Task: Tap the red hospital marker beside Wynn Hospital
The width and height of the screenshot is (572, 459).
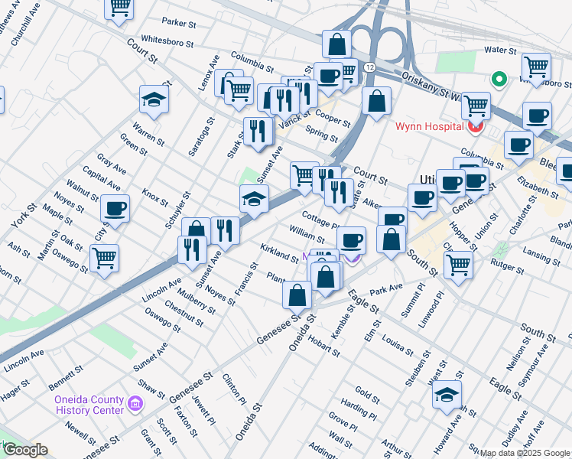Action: coord(475,126)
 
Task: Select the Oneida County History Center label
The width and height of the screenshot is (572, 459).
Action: coord(88,405)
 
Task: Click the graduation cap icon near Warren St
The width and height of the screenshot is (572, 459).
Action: coord(154,99)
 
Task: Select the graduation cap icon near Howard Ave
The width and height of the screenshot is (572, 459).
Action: coord(447,395)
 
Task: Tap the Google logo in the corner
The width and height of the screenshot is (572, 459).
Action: coord(25,450)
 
